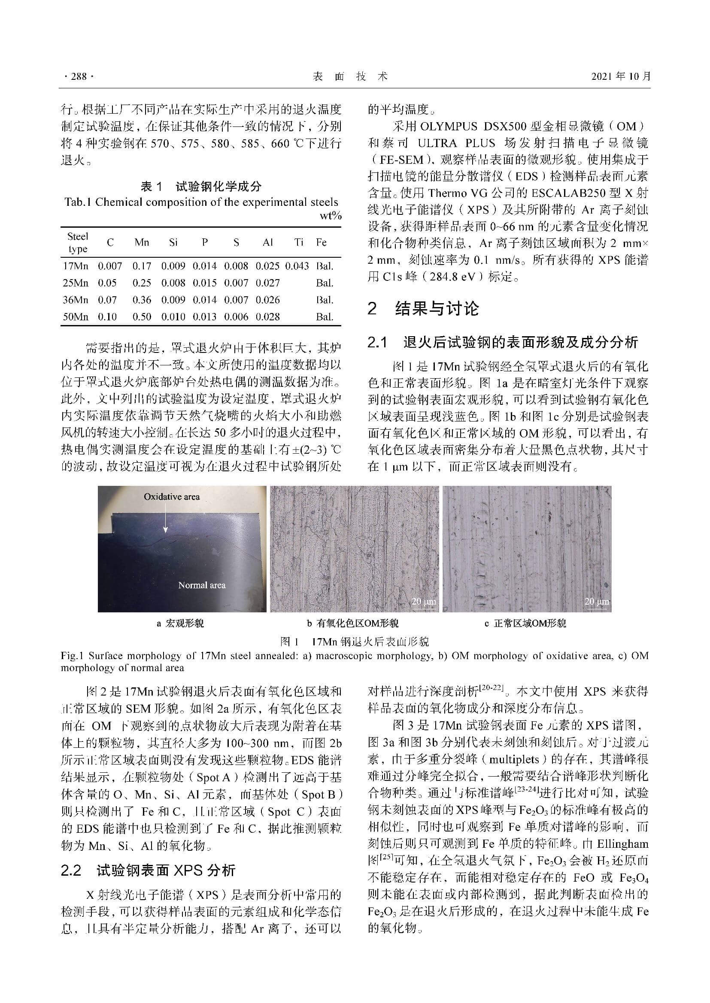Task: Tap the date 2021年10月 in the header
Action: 621,76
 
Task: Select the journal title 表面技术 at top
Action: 351,76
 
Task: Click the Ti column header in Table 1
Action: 299,242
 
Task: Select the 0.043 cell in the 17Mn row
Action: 297,266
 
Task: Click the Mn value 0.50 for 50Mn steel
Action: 142,317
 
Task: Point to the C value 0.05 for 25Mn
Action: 107,283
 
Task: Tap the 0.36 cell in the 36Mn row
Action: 142,300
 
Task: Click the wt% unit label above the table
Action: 331,216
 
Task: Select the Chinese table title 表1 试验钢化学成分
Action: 200,187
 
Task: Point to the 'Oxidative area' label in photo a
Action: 171,497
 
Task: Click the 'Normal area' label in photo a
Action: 202,585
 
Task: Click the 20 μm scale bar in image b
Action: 424,602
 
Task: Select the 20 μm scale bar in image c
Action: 596,602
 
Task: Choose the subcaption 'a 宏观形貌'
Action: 180,623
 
